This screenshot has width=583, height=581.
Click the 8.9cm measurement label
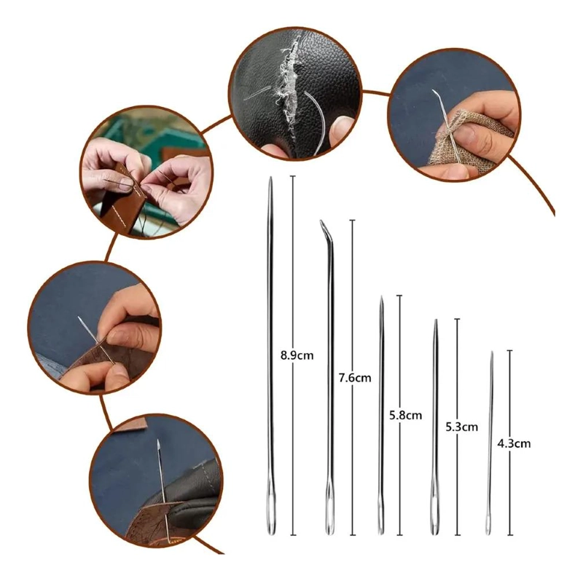pyautogui.click(x=297, y=355)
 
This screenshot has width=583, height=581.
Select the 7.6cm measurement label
pyautogui.click(x=355, y=378)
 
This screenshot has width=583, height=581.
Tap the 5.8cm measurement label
pyautogui.click(x=406, y=415)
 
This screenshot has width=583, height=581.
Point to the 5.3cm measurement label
pyautogui.click(x=462, y=427)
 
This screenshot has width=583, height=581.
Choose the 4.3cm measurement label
pyautogui.click(x=514, y=443)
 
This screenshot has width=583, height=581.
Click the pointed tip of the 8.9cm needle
pyautogui.click(x=270, y=178)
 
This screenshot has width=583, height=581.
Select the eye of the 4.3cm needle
pyautogui.click(x=488, y=522)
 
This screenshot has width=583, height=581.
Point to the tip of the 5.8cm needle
pyautogui.click(x=381, y=297)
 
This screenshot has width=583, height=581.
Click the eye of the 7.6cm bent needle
pyautogui.click(x=330, y=515)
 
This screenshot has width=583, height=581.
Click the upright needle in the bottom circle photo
pyautogui.click(x=163, y=483)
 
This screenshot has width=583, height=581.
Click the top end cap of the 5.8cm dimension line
pyautogui.click(x=399, y=296)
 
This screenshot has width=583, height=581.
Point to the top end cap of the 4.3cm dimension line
pyautogui.click(x=509, y=350)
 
